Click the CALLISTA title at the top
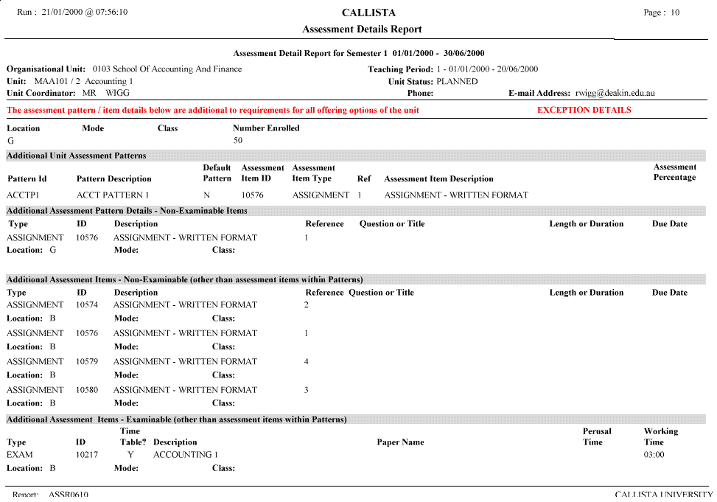coord(368,13)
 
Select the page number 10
coord(675,13)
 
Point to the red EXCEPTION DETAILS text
coord(584,110)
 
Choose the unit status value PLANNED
coord(457,82)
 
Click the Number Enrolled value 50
coord(238,140)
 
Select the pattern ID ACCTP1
coord(22,195)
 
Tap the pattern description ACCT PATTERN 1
coord(113,195)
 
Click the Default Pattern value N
coord(207,195)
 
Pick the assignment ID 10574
coord(87,304)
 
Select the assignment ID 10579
coord(87,361)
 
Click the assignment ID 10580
coord(87,389)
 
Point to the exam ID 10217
coord(87,455)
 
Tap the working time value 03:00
coord(654,455)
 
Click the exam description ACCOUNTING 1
coord(186,455)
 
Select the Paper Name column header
coord(400,442)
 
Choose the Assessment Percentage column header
coord(674,172)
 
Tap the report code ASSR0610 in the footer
coord(68,495)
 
